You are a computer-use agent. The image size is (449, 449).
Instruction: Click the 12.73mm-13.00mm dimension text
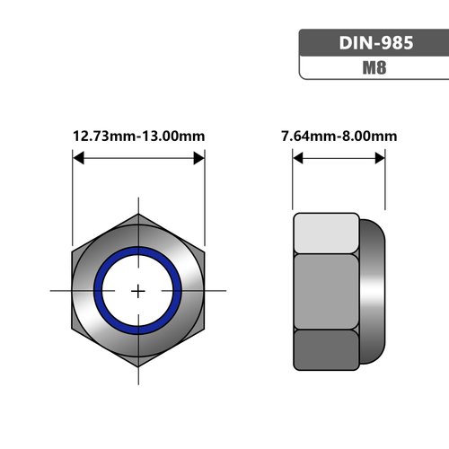[138, 136]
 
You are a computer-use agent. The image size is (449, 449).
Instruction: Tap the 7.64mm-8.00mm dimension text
[339, 136]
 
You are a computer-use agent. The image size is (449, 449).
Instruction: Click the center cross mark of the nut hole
[138, 291]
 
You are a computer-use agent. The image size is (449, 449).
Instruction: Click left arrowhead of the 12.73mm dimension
[77, 158]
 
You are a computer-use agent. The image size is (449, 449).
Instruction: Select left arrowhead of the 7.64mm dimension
[298, 158]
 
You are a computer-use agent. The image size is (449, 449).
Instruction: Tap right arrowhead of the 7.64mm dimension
[381, 158]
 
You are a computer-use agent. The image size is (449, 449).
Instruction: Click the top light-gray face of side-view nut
[326, 233]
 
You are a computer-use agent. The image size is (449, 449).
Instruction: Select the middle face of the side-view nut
[326, 291]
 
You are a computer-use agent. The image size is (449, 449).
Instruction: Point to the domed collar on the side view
[373, 291]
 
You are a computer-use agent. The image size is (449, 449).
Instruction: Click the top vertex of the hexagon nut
[138, 215]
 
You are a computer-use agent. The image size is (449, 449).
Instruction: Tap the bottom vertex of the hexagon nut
[138, 367]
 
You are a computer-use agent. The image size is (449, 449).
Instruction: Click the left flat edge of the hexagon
[73, 291]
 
